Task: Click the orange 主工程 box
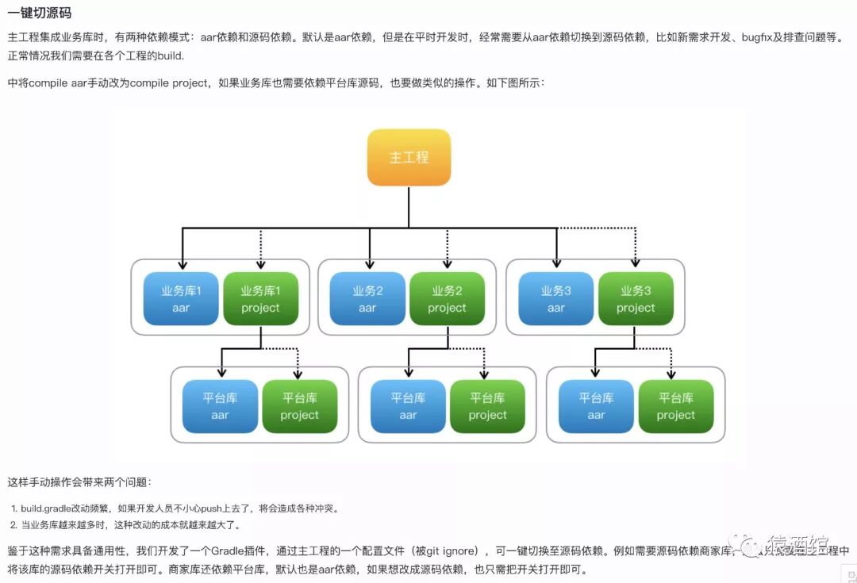(x=409, y=157)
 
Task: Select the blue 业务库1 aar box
(x=181, y=299)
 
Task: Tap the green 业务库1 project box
(x=260, y=299)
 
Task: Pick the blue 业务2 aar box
(x=367, y=299)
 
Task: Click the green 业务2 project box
(x=447, y=299)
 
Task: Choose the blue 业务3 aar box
(x=556, y=299)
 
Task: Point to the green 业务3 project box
(x=636, y=299)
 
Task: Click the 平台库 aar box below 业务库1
(x=220, y=406)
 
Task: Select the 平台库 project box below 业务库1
(x=299, y=406)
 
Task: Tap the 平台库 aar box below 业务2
(x=408, y=406)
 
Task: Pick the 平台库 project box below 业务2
(x=487, y=406)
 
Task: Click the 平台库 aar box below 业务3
(x=596, y=406)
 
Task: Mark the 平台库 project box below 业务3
(x=675, y=406)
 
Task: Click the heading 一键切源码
(x=40, y=13)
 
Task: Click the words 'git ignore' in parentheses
(x=452, y=550)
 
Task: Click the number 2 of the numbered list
(x=13, y=525)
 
